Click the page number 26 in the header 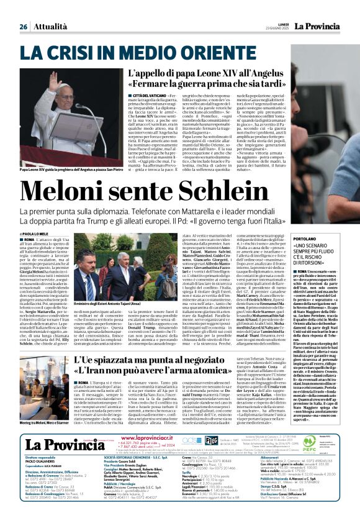tap(24, 27)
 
